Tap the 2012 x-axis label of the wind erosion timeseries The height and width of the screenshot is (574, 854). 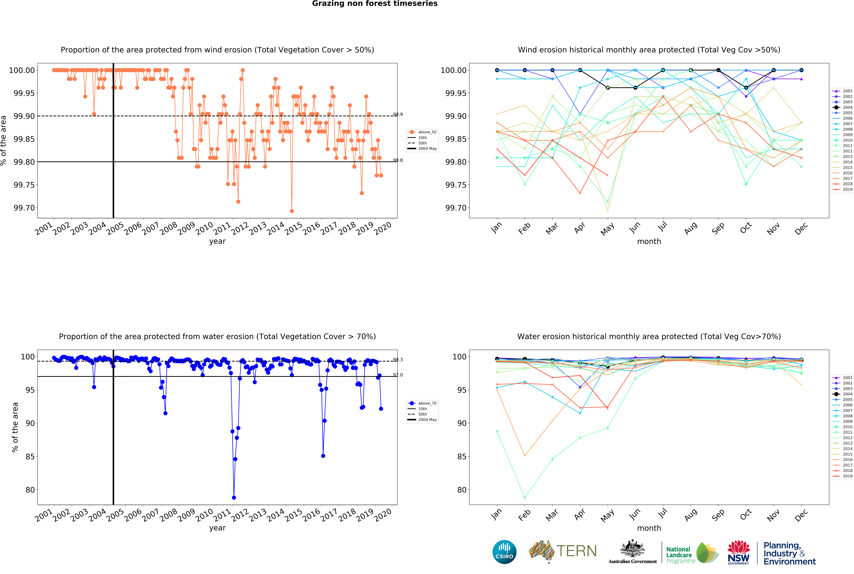pos(240,229)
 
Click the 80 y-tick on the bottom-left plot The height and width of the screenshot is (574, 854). pos(30,490)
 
